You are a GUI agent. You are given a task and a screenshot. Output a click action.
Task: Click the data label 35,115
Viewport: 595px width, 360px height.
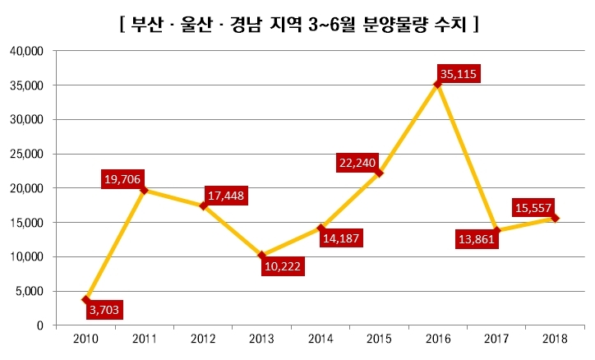457,74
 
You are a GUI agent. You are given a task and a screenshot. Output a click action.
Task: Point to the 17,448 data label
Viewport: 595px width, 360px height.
225,196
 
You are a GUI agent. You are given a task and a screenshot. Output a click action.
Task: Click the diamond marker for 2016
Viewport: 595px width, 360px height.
437,84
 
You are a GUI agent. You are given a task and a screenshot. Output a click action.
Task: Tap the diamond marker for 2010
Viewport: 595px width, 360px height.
85,300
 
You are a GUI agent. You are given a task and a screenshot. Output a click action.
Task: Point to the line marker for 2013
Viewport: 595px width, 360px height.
261,255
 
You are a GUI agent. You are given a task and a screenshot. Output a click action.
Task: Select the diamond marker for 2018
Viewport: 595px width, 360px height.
555,218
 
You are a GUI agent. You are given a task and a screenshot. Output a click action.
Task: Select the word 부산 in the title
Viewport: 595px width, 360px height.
146,25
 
